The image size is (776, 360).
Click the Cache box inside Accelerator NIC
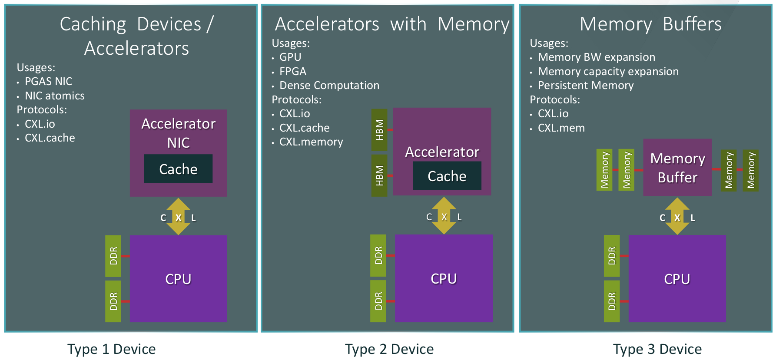[178, 169]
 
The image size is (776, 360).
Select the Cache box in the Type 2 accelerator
[447, 176]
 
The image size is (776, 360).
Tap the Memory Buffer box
[677, 168]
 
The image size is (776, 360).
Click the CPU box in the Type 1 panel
[178, 278]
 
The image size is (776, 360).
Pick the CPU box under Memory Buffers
[677, 278]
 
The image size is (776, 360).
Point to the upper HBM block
[379, 129]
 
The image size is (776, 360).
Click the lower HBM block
[379, 175]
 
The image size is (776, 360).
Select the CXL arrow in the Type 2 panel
[444, 216]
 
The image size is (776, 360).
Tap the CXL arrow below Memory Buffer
[677, 217]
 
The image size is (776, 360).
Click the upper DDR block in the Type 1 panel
[113, 256]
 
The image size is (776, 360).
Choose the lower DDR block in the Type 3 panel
[612, 301]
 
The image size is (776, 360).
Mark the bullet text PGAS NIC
[48, 82]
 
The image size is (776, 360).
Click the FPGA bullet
[293, 71]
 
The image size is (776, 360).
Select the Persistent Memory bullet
[585, 86]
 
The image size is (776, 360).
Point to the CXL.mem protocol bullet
[561, 128]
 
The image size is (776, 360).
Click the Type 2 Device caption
[389, 349]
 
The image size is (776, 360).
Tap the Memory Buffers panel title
[650, 24]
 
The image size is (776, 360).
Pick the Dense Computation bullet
[329, 86]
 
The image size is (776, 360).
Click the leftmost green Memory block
[604, 170]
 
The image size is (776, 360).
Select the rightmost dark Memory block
[750, 170]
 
